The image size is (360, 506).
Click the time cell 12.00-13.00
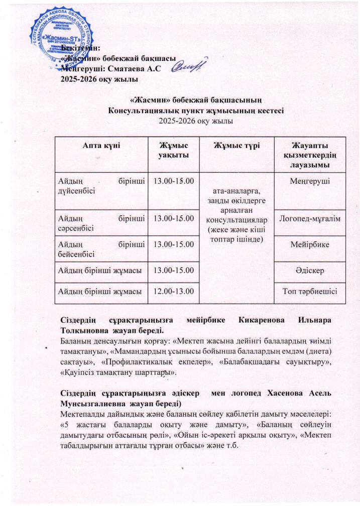point(173,291)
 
